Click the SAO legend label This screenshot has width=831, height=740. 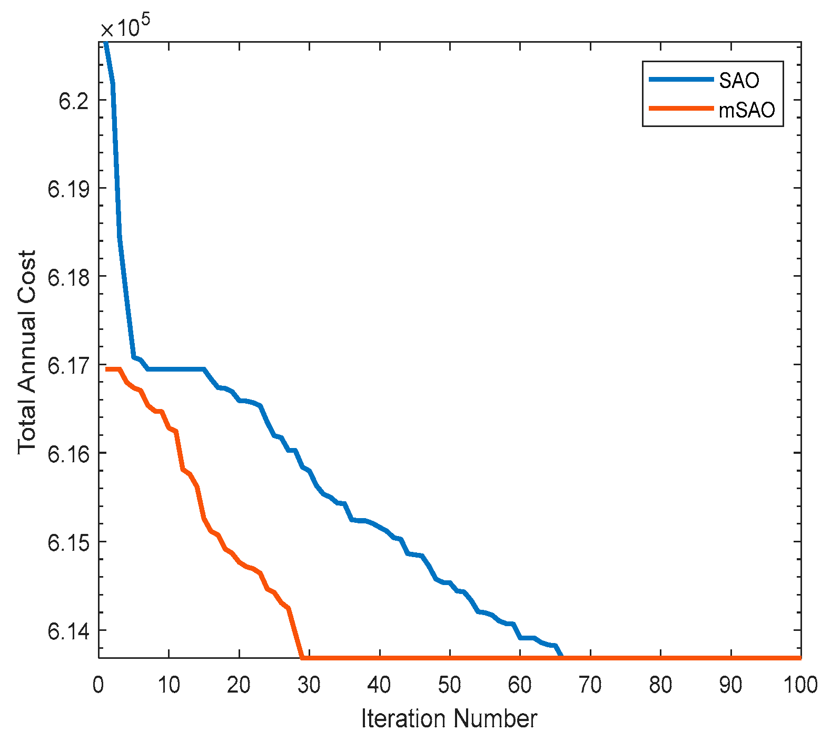[x=739, y=80]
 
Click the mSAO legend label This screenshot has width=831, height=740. [x=747, y=110]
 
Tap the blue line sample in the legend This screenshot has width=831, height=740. [x=681, y=80]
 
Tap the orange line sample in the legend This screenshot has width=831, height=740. [x=681, y=109]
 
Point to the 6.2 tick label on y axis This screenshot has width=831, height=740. [x=74, y=101]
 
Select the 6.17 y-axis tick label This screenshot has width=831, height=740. [x=68, y=365]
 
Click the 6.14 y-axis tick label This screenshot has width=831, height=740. [x=68, y=630]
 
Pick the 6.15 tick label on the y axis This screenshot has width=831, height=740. [x=68, y=542]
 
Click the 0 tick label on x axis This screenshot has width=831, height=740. [x=98, y=685]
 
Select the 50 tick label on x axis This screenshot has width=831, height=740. [x=449, y=685]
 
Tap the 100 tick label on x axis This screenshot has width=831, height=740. [x=800, y=685]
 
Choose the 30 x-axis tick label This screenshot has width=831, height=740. [x=309, y=685]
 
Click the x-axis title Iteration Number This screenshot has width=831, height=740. [x=449, y=718]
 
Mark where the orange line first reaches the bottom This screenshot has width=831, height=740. [x=302, y=657]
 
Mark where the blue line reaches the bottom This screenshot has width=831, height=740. [x=562, y=657]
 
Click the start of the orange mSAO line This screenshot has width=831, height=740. [x=106, y=369]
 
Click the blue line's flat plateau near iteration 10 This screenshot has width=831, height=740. [x=169, y=369]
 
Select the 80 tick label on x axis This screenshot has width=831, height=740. [x=660, y=685]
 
